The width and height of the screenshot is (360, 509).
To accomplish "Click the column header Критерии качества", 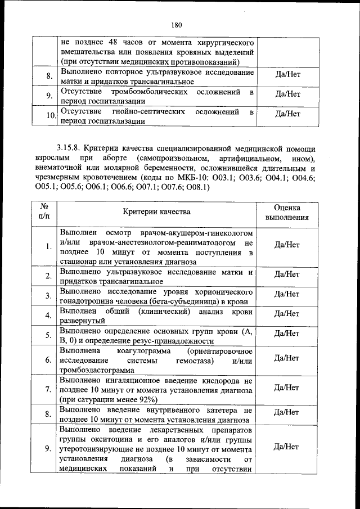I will [157, 211].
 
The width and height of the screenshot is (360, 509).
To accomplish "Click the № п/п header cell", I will [44, 211].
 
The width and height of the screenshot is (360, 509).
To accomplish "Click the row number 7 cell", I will [49, 389].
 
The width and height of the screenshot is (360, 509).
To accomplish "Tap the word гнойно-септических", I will [149, 111].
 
